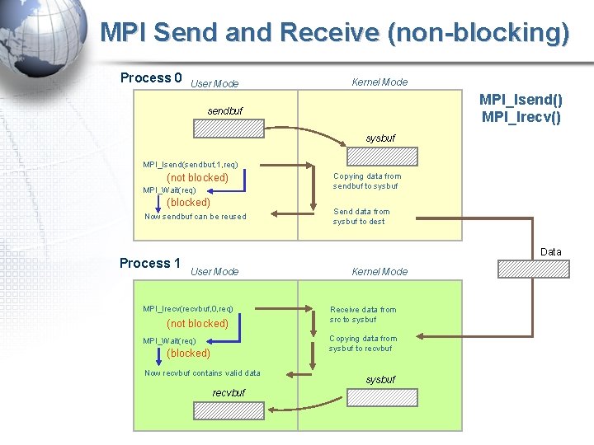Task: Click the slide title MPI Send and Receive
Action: pyautogui.click(x=334, y=33)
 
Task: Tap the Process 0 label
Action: pyautogui.click(x=151, y=78)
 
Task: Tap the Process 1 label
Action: pyautogui.click(x=150, y=264)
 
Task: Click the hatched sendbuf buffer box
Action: pyautogui.click(x=229, y=129)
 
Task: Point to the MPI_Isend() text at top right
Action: pyautogui.click(x=521, y=101)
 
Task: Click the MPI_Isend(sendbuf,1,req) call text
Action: pyautogui.click(x=191, y=165)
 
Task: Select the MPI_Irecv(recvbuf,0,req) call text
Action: pyautogui.click(x=188, y=309)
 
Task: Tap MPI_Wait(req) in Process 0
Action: pyautogui.click(x=170, y=190)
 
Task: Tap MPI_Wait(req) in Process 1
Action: pyautogui.click(x=170, y=341)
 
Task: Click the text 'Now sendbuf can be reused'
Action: pyautogui.click(x=196, y=217)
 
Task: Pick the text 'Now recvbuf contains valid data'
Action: pyautogui.click(x=202, y=373)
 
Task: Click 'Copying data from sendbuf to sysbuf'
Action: pyautogui.click(x=367, y=181)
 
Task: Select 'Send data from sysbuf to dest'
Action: pyautogui.click(x=361, y=217)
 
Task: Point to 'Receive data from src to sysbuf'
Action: pyautogui.click(x=363, y=315)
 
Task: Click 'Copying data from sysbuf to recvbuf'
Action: pyautogui.click(x=363, y=344)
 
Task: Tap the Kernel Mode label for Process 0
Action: pyautogui.click(x=379, y=82)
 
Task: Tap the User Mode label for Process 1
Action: pyautogui.click(x=214, y=272)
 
